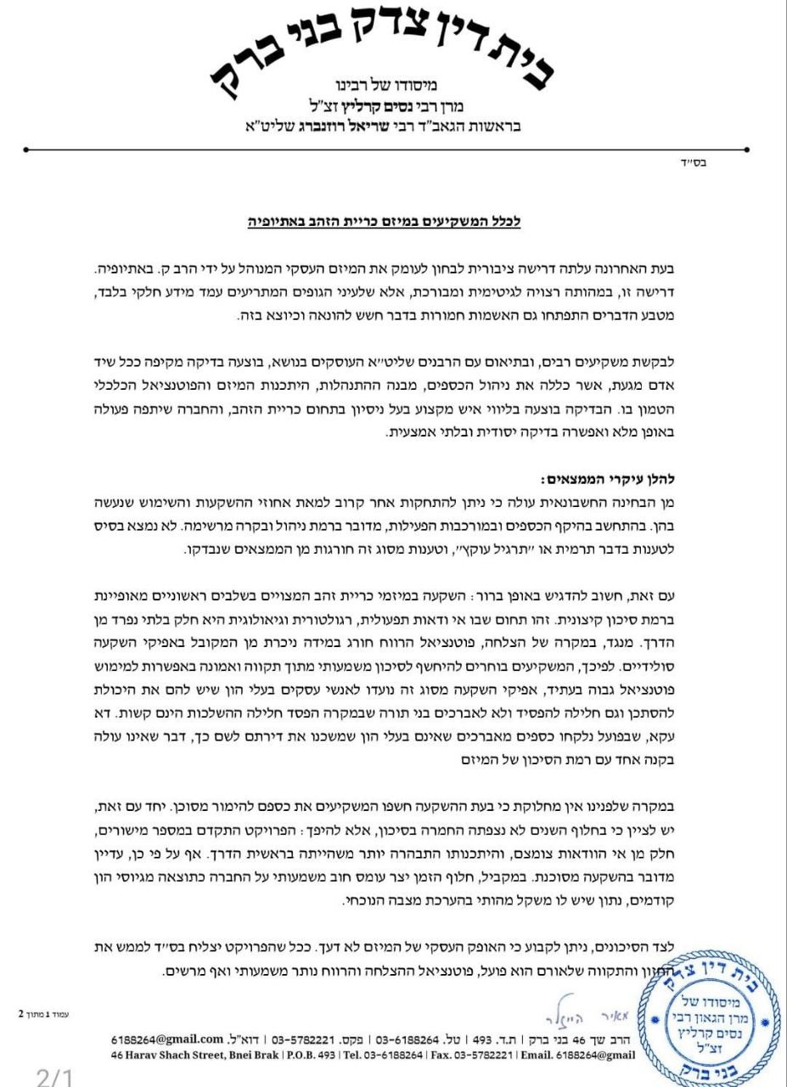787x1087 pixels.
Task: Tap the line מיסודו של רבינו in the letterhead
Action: [386, 85]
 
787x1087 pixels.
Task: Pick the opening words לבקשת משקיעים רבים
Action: [695, 361]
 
